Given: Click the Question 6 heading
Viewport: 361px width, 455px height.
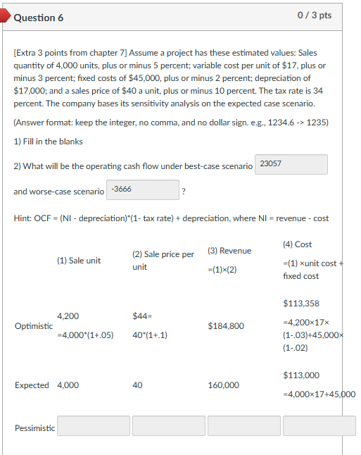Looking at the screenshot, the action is pos(39,16).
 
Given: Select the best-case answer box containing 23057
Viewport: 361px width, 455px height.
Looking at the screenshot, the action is pos(292,165).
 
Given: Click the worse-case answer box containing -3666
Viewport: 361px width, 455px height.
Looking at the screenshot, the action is pos(143,189).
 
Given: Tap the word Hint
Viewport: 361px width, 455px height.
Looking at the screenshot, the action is pos(22,218).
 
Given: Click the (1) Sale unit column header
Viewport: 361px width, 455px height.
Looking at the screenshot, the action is pos(79,261).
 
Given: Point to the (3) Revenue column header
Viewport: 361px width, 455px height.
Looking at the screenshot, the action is pos(230,251).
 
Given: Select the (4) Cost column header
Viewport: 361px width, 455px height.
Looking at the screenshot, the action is pos(297,244).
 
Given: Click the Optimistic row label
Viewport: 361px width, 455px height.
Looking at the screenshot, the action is pos(34,326).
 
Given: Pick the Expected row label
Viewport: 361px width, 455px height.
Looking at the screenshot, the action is pos(32,385).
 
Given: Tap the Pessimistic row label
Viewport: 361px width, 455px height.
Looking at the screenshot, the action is pos(34,428).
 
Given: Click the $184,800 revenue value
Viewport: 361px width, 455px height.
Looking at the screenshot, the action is pos(226,326).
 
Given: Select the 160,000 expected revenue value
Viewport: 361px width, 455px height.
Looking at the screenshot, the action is pos(223,385).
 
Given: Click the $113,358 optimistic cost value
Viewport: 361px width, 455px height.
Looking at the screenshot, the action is pos(301,304).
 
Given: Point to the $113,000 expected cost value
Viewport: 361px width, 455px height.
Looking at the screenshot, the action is pos(301,375).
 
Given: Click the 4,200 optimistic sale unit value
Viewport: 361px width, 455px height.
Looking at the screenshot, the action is pos(68,316).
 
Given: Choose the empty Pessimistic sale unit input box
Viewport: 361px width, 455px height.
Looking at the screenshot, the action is pos(94,426).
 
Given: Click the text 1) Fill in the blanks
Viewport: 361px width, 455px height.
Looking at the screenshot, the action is pos(48,142).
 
